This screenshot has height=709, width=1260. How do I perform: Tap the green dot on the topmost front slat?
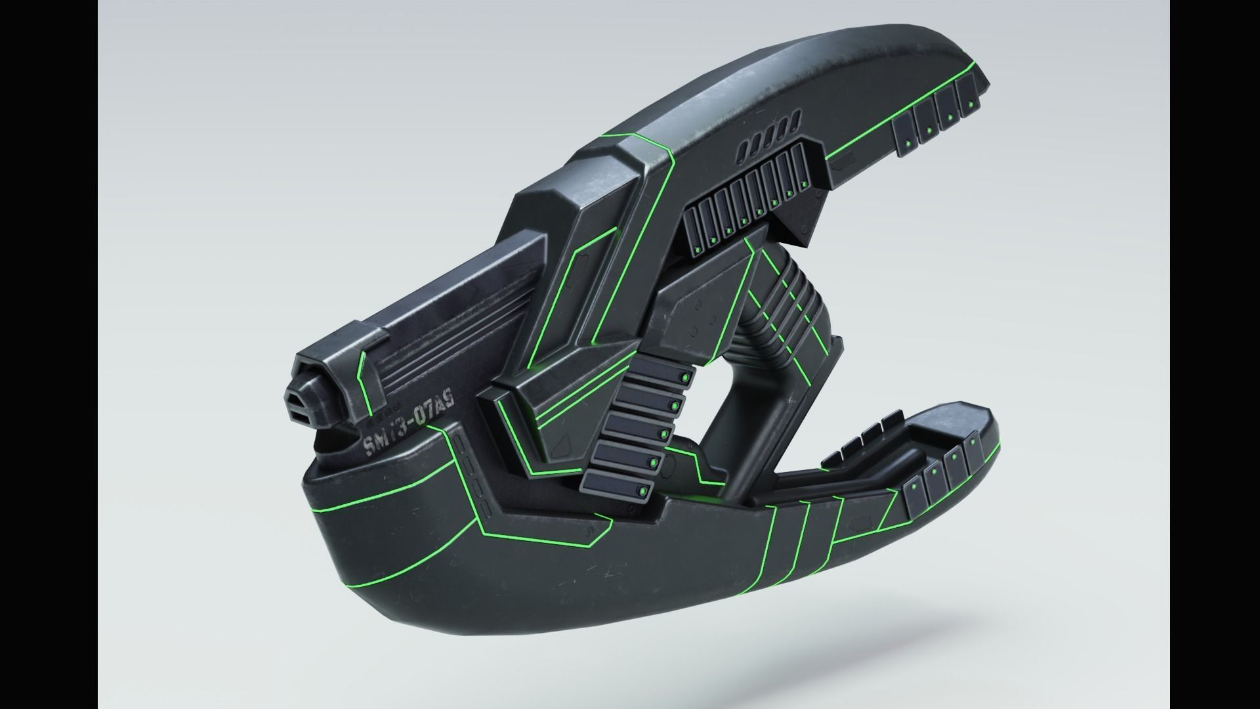[684, 378]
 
